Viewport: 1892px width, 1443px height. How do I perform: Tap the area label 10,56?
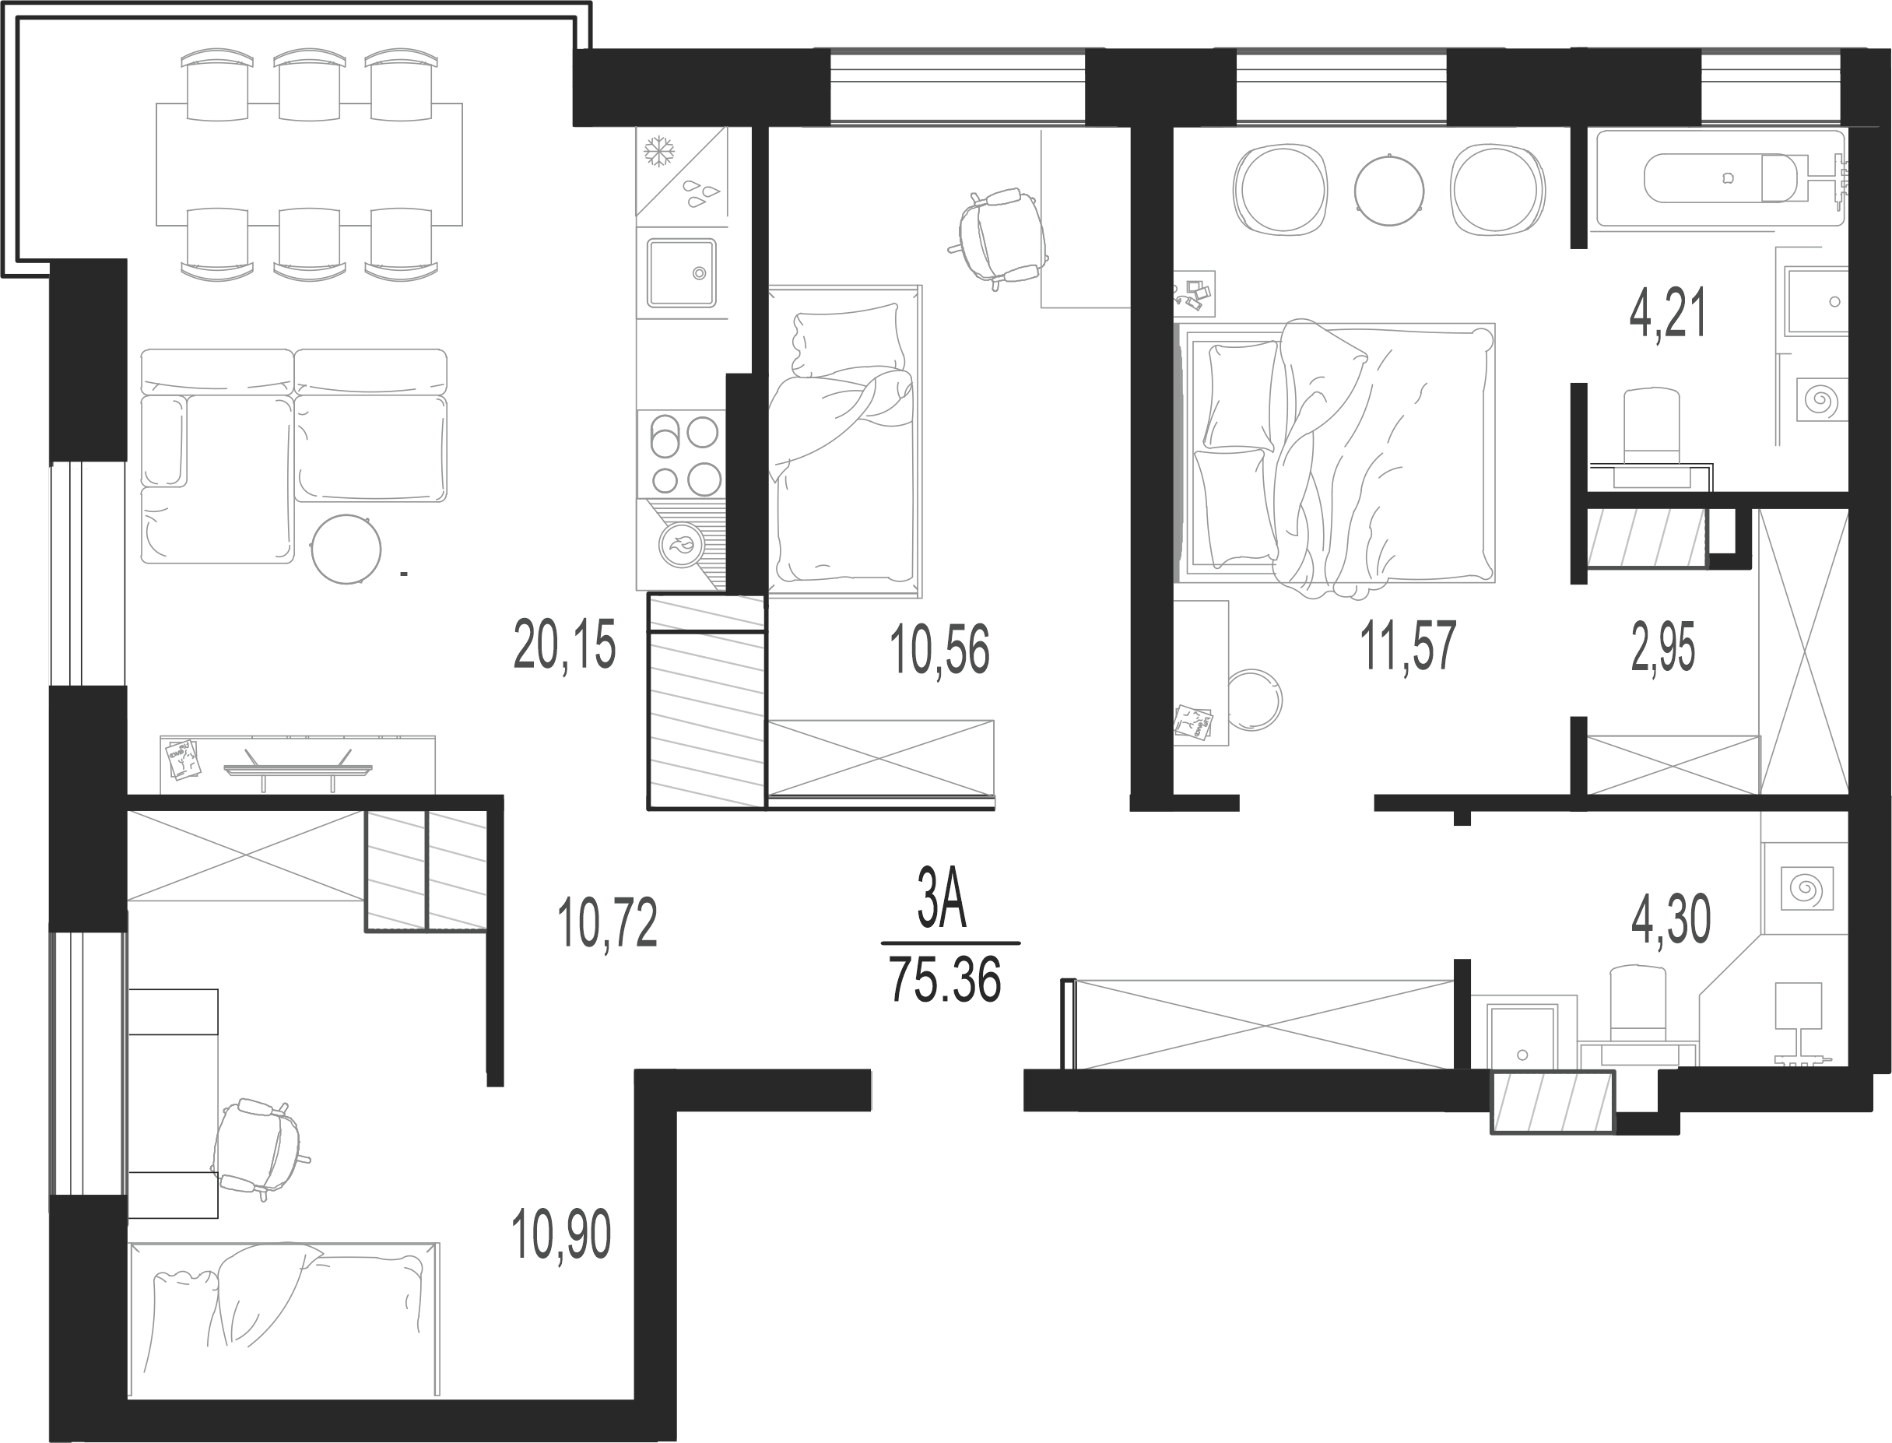click(939, 650)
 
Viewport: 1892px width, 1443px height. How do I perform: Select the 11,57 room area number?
click(1409, 647)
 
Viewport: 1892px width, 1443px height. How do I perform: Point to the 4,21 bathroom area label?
click(1668, 314)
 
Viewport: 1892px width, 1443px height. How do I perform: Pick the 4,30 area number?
click(1670, 920)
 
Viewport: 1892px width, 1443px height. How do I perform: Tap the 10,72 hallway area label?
click(607, 922)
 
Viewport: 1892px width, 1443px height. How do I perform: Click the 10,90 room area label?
click(561, 1234)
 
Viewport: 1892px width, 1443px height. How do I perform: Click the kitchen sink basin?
click(681, 272)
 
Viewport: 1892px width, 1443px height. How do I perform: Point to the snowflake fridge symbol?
click(659, 152)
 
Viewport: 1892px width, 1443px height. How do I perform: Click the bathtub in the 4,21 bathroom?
click(1719, 179)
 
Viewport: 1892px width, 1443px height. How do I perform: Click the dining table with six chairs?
click(309, 164)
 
